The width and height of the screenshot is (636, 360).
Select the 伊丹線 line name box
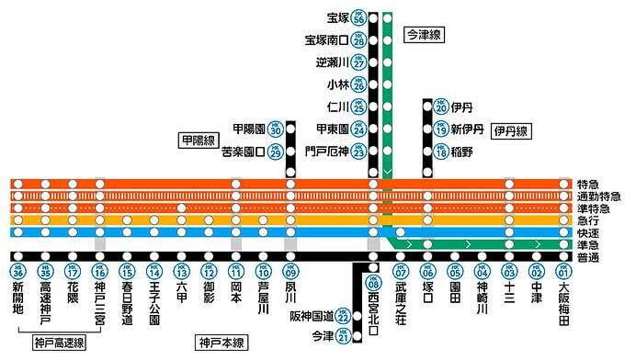pos(510,131)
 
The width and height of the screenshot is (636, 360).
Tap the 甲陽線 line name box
pos(197,141)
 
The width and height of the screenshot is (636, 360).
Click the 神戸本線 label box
pos(222,343)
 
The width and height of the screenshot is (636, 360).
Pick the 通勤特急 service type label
pos(598,196)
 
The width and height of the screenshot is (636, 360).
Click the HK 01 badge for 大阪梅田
pos(563,272)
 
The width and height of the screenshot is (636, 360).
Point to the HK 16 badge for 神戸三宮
pos(99,272)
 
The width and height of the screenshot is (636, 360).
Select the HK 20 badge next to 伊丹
pos(441,107)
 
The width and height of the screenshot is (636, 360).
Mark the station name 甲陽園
pos(250,129)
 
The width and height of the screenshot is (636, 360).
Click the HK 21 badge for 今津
pos(344,337)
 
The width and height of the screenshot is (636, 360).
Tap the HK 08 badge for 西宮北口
pos(372,283)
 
